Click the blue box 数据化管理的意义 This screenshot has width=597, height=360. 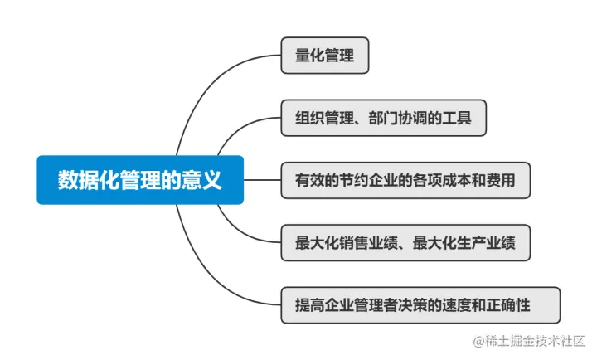[139, 180]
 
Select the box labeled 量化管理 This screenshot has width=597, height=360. [324, 56]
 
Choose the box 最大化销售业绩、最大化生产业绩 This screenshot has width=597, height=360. [405, 243]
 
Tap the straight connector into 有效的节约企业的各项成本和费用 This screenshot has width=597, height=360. [262, 180]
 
